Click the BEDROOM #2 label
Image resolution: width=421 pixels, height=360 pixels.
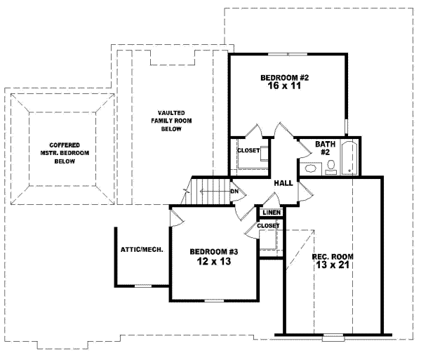coord(285,77)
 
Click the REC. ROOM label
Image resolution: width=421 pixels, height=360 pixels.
coord(332,256)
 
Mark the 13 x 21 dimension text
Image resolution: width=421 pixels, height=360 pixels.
coord(332,267)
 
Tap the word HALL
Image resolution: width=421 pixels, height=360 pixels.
coord(283,182)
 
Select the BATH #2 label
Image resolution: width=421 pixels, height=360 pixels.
coord(326,148)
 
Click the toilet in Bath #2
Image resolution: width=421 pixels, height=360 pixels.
coord(332,167)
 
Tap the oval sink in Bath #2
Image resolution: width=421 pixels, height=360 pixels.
coord(311,168)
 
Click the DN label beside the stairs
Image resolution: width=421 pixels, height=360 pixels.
coord(235,191)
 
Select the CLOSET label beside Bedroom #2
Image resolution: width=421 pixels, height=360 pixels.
coord(248,150)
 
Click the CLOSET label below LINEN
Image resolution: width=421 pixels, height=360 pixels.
coord(268,225)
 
